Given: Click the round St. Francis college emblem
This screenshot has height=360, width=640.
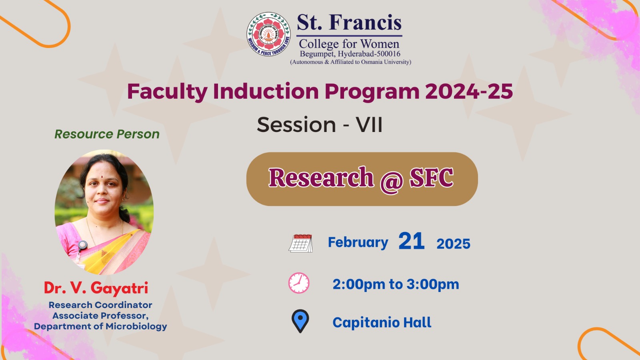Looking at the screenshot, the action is pos(268,34).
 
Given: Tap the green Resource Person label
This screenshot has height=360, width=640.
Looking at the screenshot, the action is pos(107,134).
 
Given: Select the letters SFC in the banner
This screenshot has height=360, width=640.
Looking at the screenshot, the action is pos(432,178).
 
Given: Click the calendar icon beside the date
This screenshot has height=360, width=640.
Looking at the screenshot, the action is pos(300,243).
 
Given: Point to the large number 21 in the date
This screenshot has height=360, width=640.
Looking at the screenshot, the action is pos(411,241).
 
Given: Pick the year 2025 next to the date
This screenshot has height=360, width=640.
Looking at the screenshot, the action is pos(453,244).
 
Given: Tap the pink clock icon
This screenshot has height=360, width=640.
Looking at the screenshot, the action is pos(299,283).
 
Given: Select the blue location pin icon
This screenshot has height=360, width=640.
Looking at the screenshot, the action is pos(300,321).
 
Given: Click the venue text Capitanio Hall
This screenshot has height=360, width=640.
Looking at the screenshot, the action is pos(382,322).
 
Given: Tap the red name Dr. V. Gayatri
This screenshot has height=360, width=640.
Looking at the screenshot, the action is pos(96,288).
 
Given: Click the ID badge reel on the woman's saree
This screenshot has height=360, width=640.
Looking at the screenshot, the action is pos(82,245).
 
